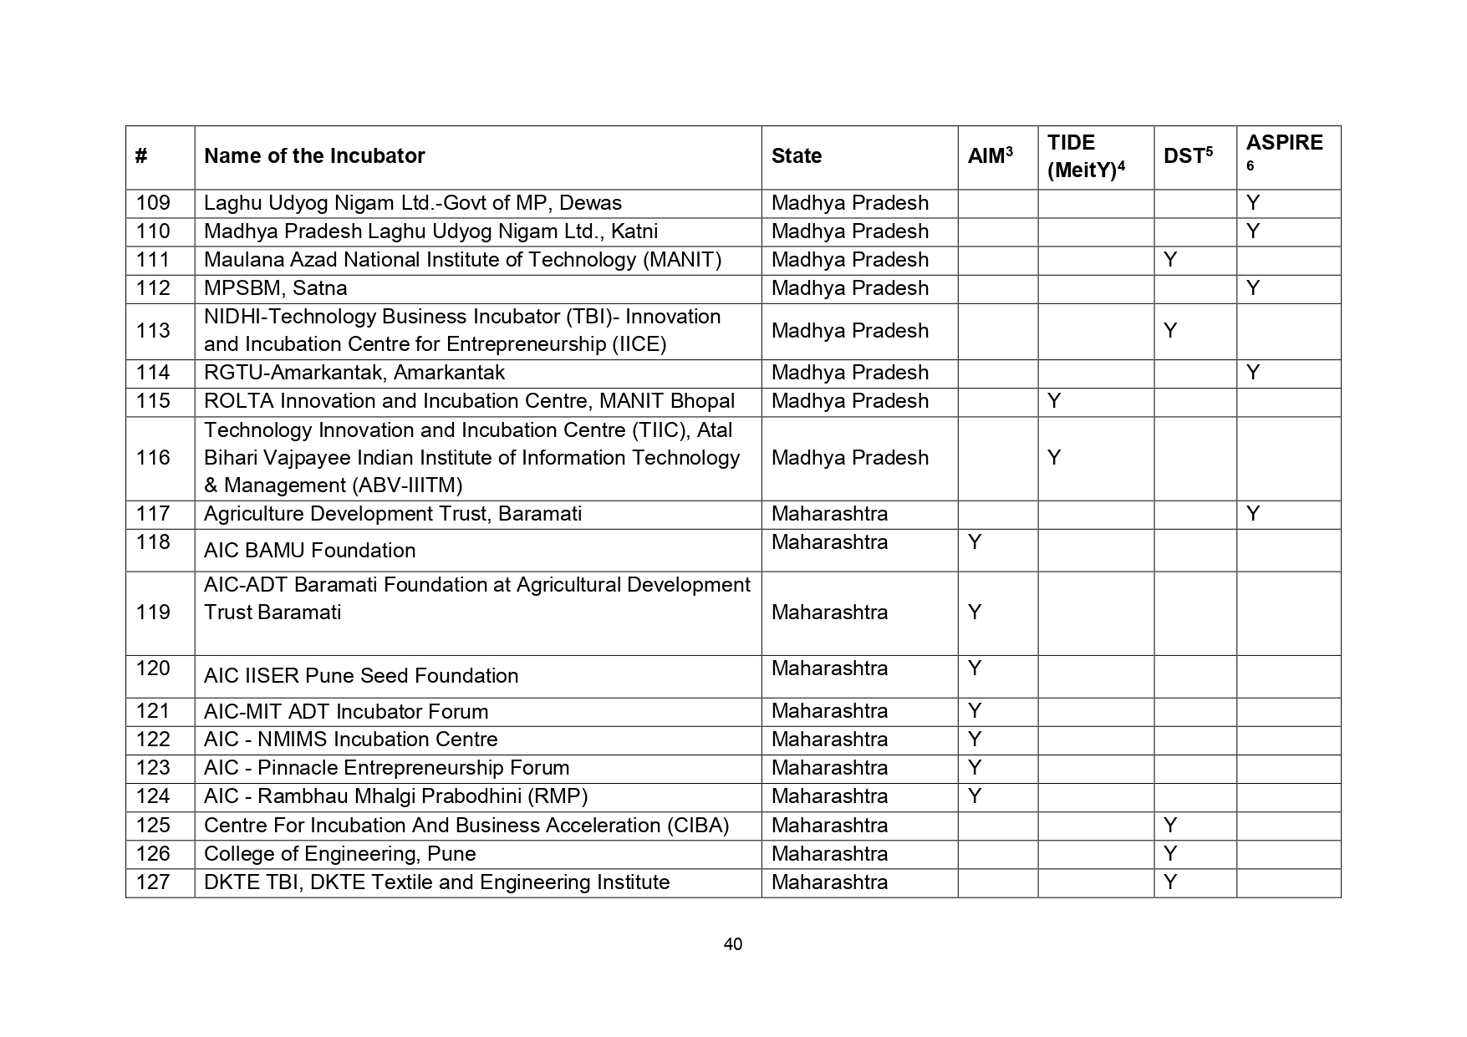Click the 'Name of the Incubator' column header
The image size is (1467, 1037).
point(314,156)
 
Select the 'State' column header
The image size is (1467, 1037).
point(796,156)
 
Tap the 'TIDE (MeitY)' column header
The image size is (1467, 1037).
point(1085,156)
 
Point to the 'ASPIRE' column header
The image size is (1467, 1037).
point(1284,144)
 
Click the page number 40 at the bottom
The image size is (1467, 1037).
point(732,944)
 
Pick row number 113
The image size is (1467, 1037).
point(153,331)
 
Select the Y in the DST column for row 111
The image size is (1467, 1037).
point(1170,260)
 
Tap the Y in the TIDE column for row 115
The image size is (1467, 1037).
point(1054,401)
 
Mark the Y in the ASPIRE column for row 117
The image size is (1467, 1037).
point(1252,514)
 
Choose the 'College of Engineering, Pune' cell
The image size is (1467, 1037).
point(339,854)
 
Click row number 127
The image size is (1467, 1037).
point(153,882)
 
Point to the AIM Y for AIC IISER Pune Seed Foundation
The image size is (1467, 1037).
point(974,668)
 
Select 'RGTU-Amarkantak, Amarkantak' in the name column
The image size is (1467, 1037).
point(354,373)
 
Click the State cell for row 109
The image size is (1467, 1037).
point(849,203)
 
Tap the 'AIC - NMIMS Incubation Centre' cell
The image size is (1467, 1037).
point(350,740)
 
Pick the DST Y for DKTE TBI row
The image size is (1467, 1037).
point(1170,882)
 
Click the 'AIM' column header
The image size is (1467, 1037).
point(990,156)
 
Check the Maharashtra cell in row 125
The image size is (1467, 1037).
point(829,826)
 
